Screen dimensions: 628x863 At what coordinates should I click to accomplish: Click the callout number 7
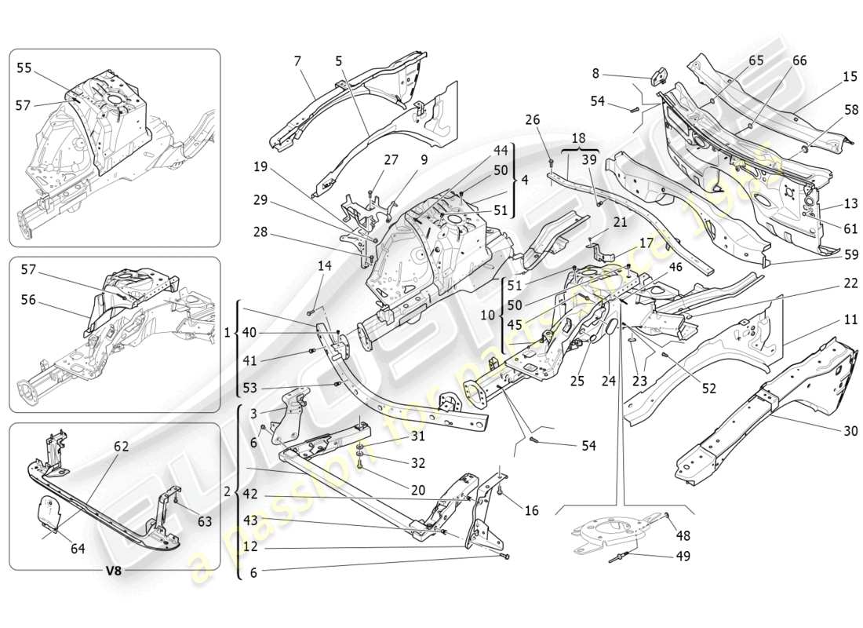[297, 61]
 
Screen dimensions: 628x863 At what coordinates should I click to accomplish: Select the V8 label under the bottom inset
[115, 571]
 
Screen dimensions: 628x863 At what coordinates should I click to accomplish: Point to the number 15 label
[850, 76]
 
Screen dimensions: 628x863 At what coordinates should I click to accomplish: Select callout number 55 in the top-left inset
[24, 68]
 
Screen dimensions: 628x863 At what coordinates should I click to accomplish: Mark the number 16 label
[531, 510]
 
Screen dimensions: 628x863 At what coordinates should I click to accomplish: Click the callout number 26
[533, 120]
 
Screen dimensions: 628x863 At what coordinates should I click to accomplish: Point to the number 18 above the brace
[577, 137]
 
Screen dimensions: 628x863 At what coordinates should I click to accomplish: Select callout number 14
[324, 267]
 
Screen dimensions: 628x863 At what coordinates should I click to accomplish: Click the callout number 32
[418, 462]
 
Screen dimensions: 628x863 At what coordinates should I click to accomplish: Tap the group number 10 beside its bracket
[486, 315]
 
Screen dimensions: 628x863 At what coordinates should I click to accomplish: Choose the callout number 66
[799, 61]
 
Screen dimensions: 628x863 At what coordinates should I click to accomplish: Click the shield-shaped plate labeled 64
[49, 514]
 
